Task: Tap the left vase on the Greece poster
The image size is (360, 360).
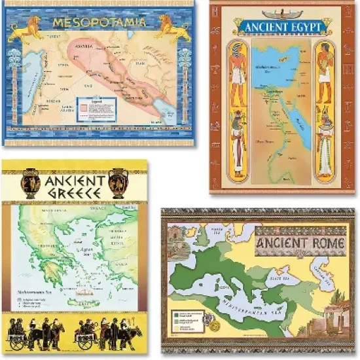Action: (31, 183)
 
